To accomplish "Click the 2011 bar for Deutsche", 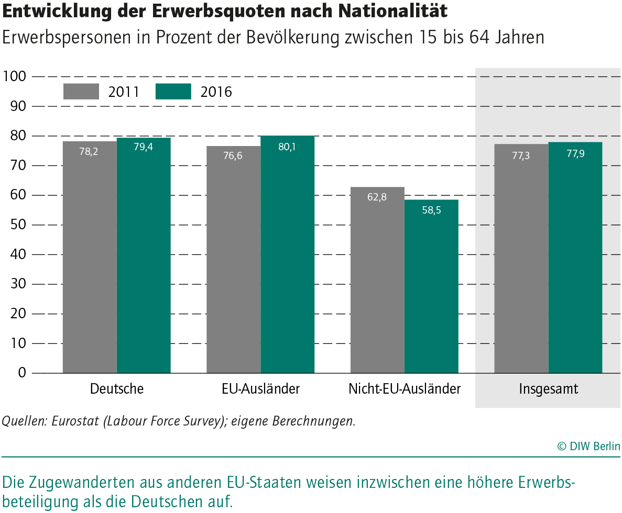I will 90,256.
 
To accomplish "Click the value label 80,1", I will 287,147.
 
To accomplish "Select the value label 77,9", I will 575,153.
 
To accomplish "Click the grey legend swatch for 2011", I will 81,91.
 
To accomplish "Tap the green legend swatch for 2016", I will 173,91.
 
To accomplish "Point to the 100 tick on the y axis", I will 14,76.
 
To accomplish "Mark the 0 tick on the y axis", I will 21,373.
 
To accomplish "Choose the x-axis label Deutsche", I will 117,389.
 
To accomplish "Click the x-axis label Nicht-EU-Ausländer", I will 405,389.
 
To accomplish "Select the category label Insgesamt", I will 549,389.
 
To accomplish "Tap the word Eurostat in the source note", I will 75,421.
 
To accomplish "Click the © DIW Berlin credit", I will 588,446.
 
